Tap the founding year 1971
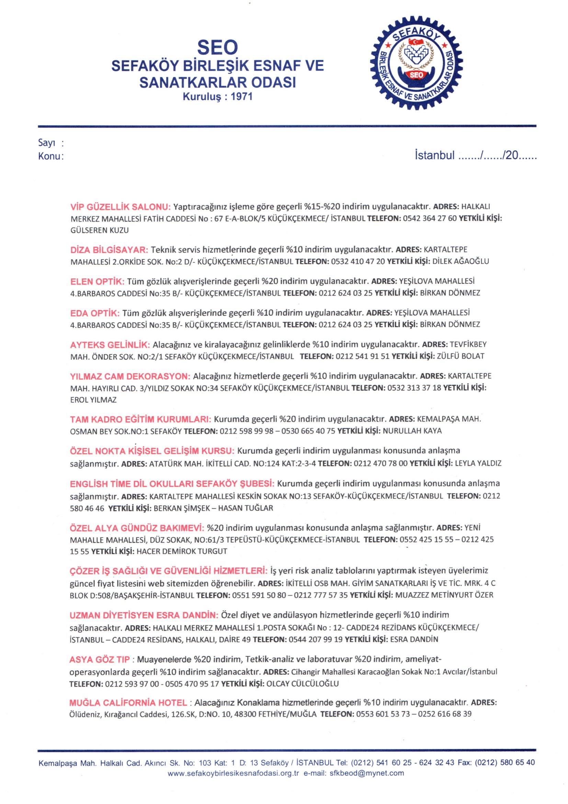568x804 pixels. (241, 96)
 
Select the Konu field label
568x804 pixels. (49, 156)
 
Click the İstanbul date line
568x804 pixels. (475, 155)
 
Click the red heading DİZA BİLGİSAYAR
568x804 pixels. (110, 250)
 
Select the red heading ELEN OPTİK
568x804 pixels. (97, 282)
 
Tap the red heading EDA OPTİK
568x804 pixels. (95, 313)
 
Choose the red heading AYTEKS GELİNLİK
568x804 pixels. (110, 345)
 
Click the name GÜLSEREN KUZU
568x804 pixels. (100, 230)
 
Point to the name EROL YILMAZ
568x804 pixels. (93, 400)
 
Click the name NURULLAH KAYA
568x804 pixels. (412, 431)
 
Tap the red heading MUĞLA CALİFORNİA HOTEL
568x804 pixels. (128, 703)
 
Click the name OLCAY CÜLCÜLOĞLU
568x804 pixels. (303, 684)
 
